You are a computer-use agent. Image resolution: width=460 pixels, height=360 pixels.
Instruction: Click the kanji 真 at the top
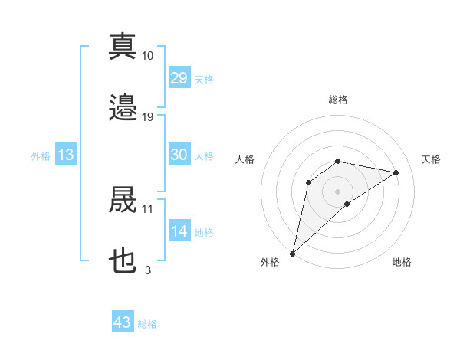(x=123, y=46)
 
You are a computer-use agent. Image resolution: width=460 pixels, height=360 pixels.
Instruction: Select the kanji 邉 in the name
(x=123, y=107)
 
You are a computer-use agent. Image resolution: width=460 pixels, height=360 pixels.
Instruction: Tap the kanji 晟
(x=123, y=199)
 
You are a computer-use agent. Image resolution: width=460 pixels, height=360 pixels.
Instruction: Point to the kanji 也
(x=123, y=260)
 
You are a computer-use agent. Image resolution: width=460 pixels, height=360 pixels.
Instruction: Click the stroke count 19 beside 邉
(x=147, y=117)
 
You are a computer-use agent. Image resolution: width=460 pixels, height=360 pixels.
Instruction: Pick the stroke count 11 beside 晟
(x=147, y=209)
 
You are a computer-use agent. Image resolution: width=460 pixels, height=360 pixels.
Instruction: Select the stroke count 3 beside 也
(x=148, y=270)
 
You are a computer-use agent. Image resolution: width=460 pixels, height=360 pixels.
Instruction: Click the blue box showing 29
(x=179, y=77)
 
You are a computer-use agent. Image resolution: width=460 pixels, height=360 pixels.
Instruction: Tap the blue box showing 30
(x=179, y=154)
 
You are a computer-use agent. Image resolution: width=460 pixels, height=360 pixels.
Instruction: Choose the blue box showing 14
(x=179, y=230)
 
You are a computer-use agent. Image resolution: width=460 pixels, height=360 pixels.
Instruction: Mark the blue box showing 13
(x=66, y=154)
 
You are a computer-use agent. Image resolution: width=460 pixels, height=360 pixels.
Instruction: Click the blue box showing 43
(x=123, y=321)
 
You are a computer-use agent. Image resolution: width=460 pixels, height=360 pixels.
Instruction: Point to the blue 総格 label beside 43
(x=147, y=324)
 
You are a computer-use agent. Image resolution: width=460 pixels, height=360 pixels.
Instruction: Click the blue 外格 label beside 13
(x=41, y=156)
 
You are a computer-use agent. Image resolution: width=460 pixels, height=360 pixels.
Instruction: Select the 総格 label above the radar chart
(x=338, y=100)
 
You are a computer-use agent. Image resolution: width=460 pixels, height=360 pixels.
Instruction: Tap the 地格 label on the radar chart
(x=402, y=262)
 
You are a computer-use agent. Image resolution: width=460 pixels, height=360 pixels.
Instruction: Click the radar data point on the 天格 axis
(x=396, y=172)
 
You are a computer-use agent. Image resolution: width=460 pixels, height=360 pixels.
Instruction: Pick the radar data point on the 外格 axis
(x=292, y=254)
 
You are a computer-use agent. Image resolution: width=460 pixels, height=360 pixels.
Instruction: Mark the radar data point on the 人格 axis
(x=308, y=182)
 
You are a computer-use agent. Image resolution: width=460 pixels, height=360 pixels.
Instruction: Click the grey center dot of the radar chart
(x=337, y=191)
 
